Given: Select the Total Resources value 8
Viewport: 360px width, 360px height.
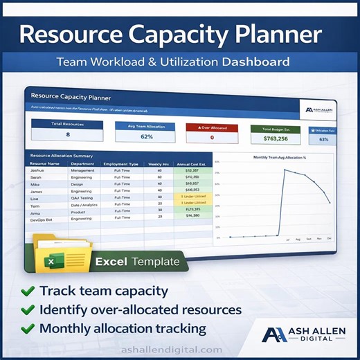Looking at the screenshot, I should [x=67, y=134].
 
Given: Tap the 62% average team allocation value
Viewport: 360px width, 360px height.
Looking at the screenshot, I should [x=147, y=136].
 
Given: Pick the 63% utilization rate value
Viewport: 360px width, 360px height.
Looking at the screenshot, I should [x=323, y=139].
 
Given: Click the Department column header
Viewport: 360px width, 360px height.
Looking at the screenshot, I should [x=82, y=163].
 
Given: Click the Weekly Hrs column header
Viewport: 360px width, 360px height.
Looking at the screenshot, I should [x=159, y=163].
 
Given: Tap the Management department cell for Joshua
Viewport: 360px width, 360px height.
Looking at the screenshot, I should [x=82, y=170].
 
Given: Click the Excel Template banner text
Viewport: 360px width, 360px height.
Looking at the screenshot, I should [x=137, y=262].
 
